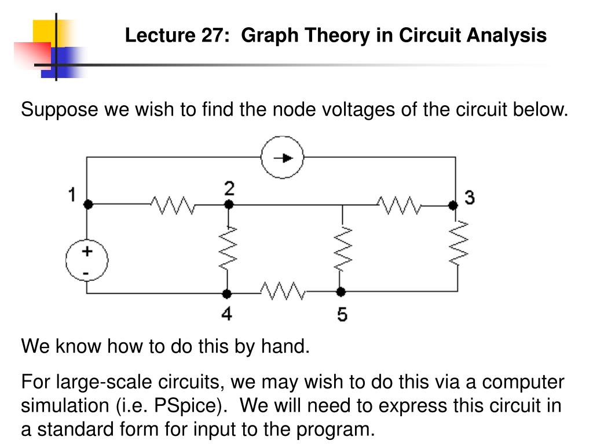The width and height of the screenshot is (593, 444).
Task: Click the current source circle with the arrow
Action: [x=282, y=157]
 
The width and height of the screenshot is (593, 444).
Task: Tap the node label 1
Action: [x=72, y=195]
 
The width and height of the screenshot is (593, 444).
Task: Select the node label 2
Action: [x=230, y=188]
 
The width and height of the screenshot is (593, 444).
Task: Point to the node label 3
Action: [x=470, y=198]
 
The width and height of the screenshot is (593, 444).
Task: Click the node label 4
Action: [x=227, y=314]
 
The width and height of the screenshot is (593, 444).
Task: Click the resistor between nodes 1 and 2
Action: [x=172, y=204]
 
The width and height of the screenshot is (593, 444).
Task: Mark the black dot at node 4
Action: [x=228, y=293]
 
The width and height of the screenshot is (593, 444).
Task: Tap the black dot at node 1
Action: [x=88, y=204]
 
